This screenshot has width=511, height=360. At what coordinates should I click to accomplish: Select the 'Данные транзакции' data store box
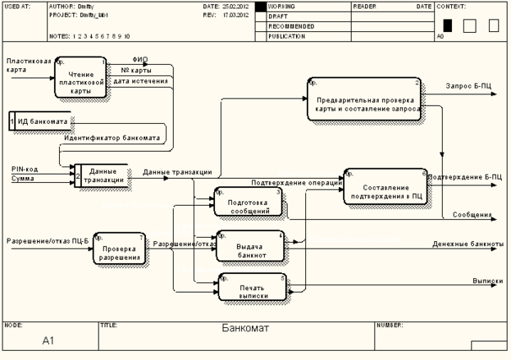click(x=101, y=176)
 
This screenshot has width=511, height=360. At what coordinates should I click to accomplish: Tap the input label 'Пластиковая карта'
click(x=28, y=66)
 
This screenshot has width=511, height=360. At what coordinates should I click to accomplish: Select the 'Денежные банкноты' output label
click(x=468, y=244)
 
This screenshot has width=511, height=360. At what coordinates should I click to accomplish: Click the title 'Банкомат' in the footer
click(x=246, y=329)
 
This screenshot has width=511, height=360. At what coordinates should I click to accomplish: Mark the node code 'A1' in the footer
click(x=48, y=339)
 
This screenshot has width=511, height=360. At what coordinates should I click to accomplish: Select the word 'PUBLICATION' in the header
click(x=286, y=37)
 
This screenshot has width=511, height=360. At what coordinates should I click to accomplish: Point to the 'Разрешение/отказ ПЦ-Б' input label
click(x=47, y=240)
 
